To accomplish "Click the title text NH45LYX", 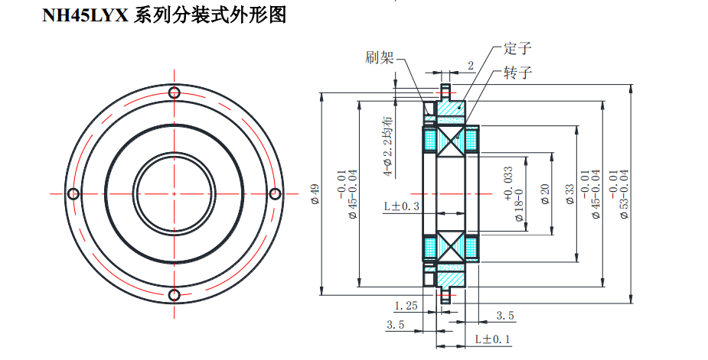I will (x=85, y=15).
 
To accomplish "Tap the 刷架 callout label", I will (x=380, y=57).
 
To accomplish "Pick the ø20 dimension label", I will (x=545, y=193).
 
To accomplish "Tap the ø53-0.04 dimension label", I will (x=623, y=195).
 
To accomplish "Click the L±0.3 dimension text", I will (x=402, y=206).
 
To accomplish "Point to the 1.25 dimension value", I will (x=406, y=306).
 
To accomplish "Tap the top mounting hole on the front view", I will (x=175, y=93).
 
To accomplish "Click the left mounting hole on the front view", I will (x=73, y=192).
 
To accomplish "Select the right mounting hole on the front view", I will (x=276, y=192).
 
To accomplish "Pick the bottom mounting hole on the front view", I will (x=175, y=294).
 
